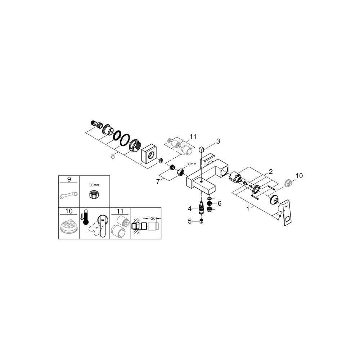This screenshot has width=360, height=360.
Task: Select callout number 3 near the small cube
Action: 218,141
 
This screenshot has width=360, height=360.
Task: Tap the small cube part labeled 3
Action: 202,149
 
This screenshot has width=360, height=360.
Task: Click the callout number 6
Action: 219,203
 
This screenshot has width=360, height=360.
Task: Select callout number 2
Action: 270,171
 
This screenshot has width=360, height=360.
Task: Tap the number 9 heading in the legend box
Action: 68,179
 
